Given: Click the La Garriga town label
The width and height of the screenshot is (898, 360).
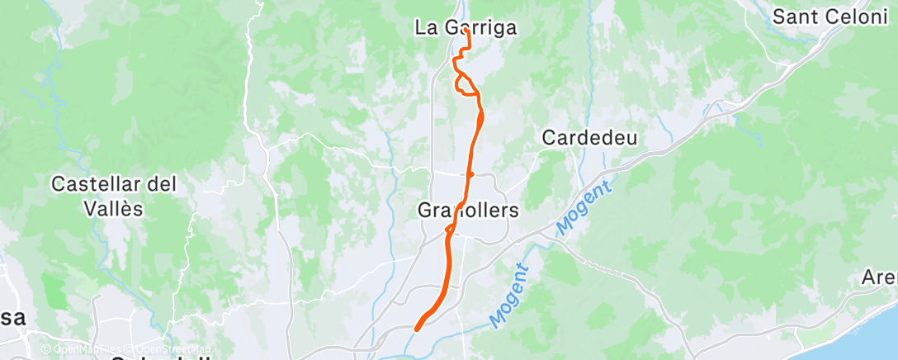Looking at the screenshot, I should point(466,28).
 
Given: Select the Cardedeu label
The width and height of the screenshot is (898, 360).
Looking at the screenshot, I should point(589,138).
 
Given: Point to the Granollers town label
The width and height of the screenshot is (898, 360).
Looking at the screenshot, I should point(468,211).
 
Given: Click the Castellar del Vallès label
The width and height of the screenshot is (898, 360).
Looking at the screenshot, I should point(114,196).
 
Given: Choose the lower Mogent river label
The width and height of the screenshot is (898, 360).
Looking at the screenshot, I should point(508,295).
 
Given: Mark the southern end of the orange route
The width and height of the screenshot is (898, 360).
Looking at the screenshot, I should point(416,327).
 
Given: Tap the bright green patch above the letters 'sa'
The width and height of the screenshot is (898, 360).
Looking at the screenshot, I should point(54,291).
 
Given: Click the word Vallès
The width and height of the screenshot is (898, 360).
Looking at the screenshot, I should point(114,209).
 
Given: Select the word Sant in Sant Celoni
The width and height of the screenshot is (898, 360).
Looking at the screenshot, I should point(791,16).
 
